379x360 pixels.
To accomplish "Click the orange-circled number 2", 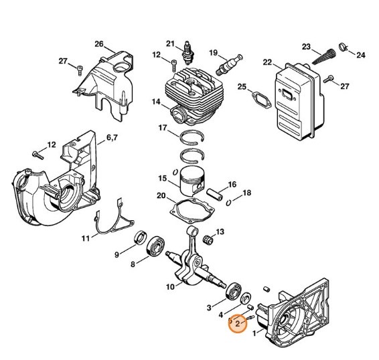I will click(x=237, y=323).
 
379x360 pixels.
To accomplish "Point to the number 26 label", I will click(x=99, y=44).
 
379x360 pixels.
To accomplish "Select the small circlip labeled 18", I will click(x=229, y=200).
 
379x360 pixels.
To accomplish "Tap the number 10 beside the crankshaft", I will click(x=170, y=286).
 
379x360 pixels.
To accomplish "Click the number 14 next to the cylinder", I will click(x=155, y=102).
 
